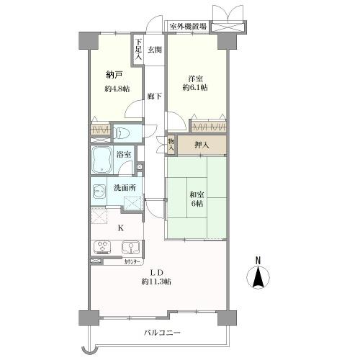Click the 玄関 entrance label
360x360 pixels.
click(155, 50)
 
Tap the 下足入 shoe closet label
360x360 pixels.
click(138, 48)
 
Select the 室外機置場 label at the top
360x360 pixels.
click(189, 27)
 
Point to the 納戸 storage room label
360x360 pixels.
click(114, 74)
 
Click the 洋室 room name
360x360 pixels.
click(195, 78)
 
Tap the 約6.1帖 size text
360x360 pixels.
click(195, 87)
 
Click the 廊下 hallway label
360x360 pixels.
click(154, 95)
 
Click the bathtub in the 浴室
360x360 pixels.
click(102, 160)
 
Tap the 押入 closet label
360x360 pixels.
click(202, 145)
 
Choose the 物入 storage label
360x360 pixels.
click(171, 145)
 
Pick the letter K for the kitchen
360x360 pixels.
click(120, 228)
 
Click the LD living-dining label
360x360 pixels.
click(157, 271)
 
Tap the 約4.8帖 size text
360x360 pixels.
click(115, 89)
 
